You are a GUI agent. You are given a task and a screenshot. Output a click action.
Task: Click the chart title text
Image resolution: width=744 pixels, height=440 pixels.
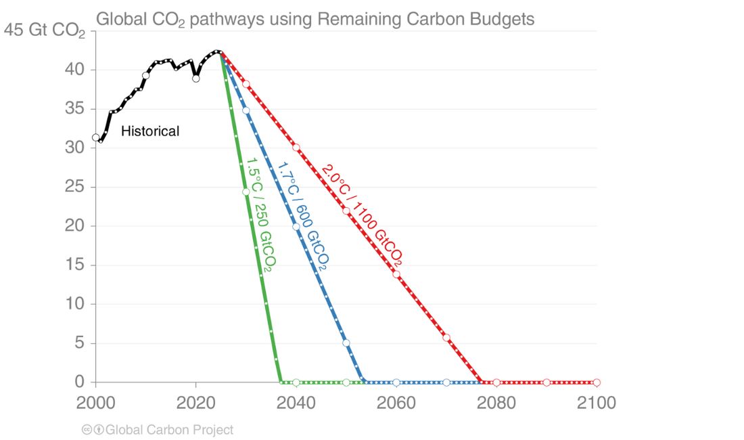click(x=315, y=19)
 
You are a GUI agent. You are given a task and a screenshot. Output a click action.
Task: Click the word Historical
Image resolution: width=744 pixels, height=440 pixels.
click(x=150, y=131)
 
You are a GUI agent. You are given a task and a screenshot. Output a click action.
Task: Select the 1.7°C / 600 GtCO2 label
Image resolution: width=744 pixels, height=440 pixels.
click(x=302, y=216)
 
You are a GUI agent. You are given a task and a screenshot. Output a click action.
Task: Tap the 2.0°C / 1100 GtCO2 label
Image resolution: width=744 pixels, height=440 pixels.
click(x=363, y=215)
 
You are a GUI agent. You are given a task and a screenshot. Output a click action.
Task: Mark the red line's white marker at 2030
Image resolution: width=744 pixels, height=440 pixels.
click(x=246, y=85)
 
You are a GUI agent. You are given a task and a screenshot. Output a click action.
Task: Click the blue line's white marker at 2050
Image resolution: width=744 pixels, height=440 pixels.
click(x=346, y=343)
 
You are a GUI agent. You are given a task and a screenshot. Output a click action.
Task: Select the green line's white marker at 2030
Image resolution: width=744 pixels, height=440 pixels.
click(x=246, y=192)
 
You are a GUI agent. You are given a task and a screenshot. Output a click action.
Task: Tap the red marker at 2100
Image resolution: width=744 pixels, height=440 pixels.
click(x=597, y=382)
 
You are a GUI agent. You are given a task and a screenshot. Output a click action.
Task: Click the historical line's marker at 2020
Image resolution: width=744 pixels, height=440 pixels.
click(x=196, y=79)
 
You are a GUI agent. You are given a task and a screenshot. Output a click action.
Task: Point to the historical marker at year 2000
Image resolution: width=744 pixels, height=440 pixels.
click(x=96, y=137)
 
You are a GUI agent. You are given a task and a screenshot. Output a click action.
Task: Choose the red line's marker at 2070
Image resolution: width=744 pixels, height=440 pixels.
click(x=446, y=338)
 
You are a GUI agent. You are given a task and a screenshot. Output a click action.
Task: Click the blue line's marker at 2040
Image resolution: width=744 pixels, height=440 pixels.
click(x=296, y=227)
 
